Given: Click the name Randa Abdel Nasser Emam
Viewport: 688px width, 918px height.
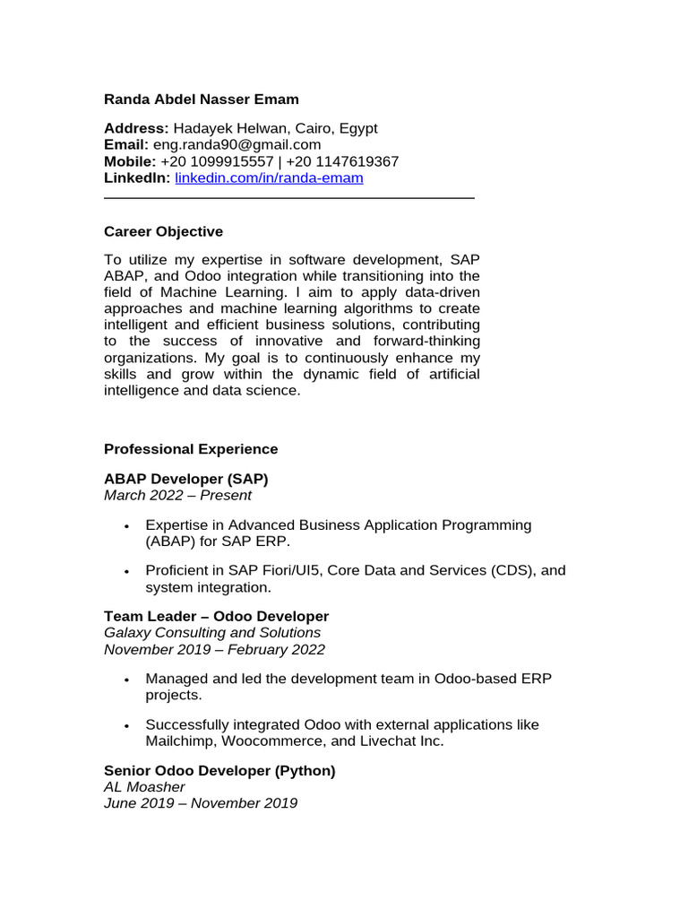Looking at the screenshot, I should tap(202, 100).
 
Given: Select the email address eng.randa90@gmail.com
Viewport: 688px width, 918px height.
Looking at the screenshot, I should tap(236, 145).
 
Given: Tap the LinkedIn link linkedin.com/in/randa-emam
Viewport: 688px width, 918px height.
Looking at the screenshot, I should tap(269, 178).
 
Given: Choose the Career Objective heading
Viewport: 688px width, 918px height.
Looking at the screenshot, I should tap(163, 231).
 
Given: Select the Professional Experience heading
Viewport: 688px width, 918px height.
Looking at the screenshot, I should tap(191, 449).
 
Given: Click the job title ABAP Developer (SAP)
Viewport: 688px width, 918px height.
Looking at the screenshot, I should tap(185, 479).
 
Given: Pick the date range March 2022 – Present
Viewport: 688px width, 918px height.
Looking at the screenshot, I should tap(177, 495).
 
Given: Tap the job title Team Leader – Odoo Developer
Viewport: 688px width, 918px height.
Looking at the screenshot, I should tap(216, 617).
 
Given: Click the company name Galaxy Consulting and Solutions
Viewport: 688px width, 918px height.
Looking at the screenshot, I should tap(211, 633).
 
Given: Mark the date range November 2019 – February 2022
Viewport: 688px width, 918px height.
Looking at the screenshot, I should tap(214, 649).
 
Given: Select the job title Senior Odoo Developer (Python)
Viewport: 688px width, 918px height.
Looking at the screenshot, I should tap(219, 771).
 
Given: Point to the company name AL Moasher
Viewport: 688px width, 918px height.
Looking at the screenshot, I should tap(144, 787).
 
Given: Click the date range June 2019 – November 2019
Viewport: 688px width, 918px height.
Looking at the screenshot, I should tap(201, 803).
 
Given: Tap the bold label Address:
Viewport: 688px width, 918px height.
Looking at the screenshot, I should tap(136, 129).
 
